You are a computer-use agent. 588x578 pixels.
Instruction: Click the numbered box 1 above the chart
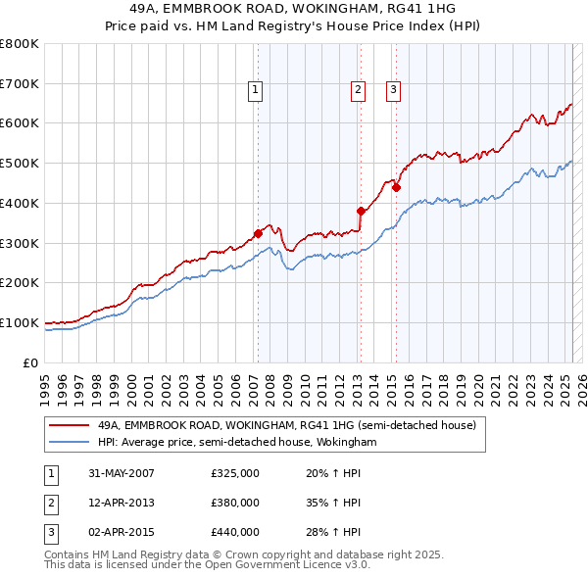255,91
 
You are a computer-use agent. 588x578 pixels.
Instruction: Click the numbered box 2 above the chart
359,91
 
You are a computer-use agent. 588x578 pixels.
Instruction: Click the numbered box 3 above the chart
393,91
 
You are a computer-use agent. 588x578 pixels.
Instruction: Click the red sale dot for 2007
259,233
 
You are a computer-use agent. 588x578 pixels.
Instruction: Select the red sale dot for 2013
361,211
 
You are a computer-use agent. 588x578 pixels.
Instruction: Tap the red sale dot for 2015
396,187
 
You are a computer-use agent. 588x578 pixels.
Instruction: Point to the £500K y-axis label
20,164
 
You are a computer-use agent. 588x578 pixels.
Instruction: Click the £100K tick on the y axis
20,322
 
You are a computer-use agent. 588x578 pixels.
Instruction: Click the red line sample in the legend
69,426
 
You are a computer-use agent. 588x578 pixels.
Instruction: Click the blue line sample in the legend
69,442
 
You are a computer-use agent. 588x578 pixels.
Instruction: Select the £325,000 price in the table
235,473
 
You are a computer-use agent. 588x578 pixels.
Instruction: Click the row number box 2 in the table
49,503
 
